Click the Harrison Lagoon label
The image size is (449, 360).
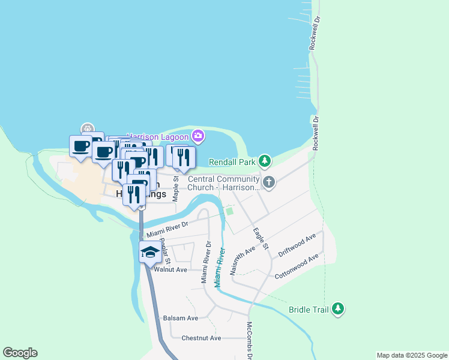click(159, 137)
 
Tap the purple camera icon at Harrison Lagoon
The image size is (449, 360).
click(197, 137)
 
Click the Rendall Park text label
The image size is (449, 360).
click(232, 162)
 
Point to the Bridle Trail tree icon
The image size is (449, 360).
click(339, 309)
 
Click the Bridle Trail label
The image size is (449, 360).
click(309, 310)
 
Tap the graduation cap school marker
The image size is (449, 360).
click(150, 251)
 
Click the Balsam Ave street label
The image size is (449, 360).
click(181, 318)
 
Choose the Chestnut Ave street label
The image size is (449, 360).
click(201, 338)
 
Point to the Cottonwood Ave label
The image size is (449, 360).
click(295, 269)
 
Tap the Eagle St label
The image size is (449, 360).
click(261, 238)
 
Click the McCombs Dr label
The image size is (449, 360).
click(250, 340)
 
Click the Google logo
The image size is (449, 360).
click(20, 353)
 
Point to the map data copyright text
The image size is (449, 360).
click(411, 355)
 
